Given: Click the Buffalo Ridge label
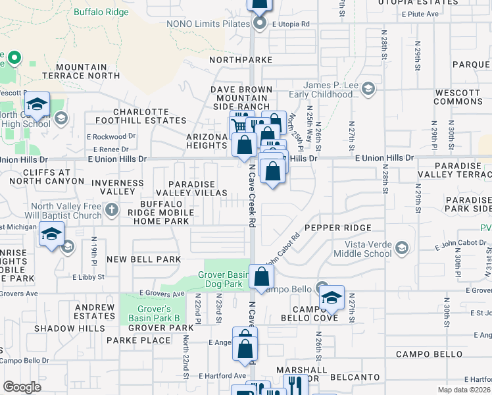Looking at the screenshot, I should pyautogui.click(x=102, y=12).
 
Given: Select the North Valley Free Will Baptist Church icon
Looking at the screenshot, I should pyautogui.click(x=112, y=210).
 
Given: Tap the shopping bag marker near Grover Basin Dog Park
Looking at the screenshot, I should pyautogui.click(x=261, y=276).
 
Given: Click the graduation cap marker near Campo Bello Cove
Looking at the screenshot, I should pyautogui.click(x=332, y=298).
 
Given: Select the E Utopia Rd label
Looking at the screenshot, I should pyautogui.click(x=290, y=24).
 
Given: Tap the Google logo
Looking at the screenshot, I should pyautogui.click(x=22, y=386).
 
